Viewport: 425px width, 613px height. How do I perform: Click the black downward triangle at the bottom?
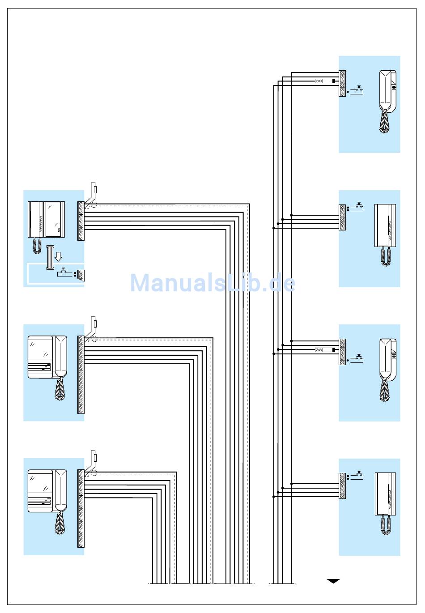333,581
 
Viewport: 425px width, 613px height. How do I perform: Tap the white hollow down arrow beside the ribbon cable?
58,257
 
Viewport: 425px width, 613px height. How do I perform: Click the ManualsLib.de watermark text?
212,284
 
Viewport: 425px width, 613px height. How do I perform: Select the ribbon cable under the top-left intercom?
50,258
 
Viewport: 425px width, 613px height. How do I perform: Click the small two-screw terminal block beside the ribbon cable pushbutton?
81,274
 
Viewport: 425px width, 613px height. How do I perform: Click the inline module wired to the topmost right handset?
325,81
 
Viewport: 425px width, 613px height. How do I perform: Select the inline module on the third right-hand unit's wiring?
325,349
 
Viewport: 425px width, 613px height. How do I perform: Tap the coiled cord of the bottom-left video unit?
60,522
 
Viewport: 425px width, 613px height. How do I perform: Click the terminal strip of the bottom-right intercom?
342,485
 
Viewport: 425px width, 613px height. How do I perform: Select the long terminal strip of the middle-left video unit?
81,375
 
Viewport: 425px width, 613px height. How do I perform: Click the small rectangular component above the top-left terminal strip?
96,190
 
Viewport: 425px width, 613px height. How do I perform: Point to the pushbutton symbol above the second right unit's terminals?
358,206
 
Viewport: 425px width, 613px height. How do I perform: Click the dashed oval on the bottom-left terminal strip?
91,474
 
